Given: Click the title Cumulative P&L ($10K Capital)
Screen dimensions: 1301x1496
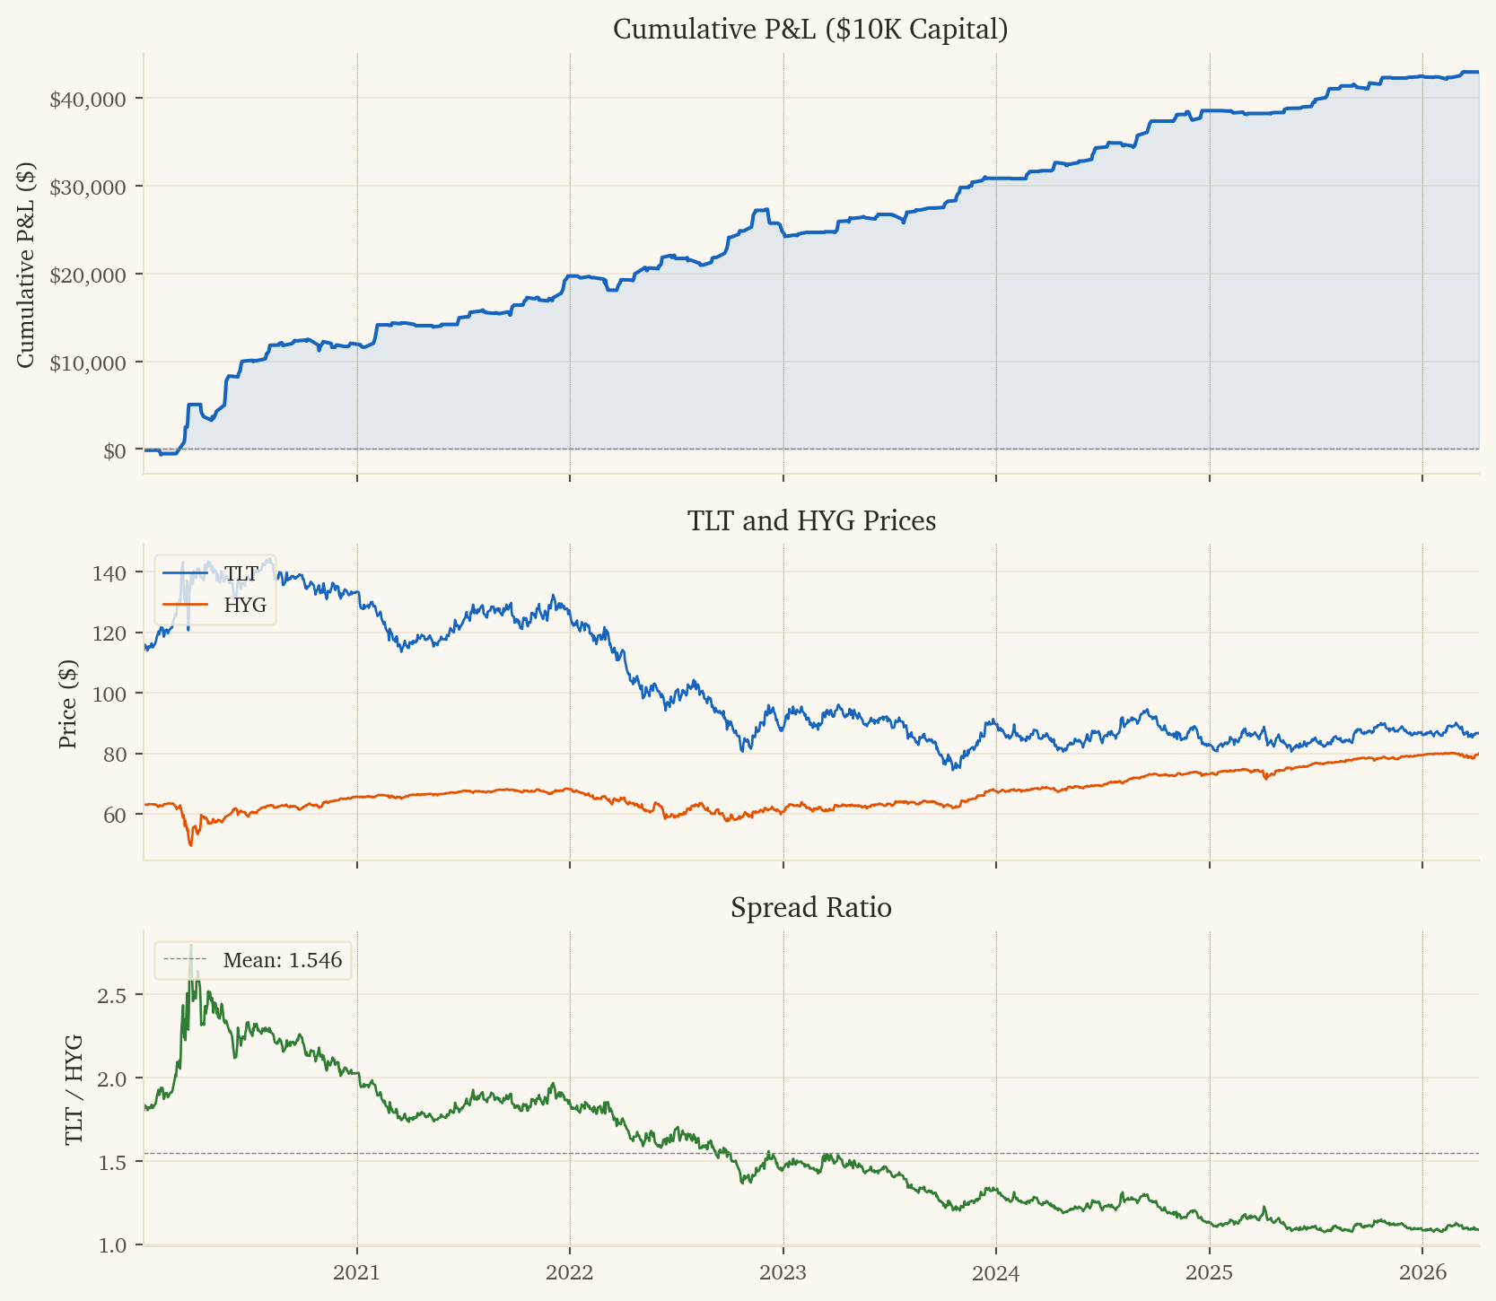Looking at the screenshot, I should [810, 30].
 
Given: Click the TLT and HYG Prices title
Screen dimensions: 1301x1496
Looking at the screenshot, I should [811, 520].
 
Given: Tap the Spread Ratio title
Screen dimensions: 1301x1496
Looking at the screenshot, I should [811, 908].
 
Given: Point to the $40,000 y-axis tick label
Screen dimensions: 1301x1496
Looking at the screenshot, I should [88, 99].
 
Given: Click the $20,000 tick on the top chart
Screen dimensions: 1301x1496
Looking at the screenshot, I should [88, 275].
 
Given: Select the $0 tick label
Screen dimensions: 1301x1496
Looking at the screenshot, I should [114, 450].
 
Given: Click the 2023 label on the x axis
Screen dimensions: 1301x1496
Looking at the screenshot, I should [783, 1272].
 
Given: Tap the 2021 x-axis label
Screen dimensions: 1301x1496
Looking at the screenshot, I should [357, 1272].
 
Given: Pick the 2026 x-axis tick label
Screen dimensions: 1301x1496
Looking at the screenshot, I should [1422, 1272].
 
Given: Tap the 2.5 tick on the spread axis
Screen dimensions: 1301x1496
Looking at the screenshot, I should [120, 995].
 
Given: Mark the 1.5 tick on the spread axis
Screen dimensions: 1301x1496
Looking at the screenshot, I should [120, 1162].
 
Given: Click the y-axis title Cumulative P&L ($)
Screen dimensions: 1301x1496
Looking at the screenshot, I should [26, 265].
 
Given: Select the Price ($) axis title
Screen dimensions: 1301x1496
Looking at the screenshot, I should [67, 704].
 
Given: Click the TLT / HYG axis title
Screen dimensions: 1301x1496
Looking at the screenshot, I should [74, 1089].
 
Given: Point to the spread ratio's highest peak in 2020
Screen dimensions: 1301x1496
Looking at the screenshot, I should [191, 946].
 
